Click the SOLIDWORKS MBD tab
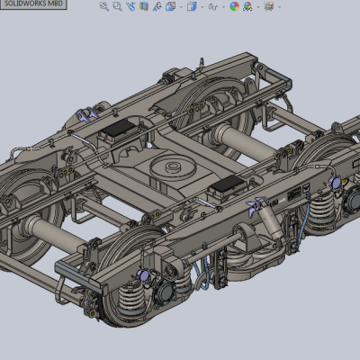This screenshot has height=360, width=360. click(x=33, y=4)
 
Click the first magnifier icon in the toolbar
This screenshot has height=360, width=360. click(x=104, y=6)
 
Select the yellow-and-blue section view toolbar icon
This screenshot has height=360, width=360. click(x=144, y=6)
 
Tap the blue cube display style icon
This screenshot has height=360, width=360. click(x=192, y=6)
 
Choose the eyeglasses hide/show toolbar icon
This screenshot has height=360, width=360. click(x=213, y=6)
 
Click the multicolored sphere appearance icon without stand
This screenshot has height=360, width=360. click(x=234, y=6)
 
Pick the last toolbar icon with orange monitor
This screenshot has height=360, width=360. click(x=269, y=6)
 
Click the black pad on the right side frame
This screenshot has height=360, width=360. click(x=227, y=184)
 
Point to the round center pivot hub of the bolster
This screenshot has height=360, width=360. click(x=171, y=167)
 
